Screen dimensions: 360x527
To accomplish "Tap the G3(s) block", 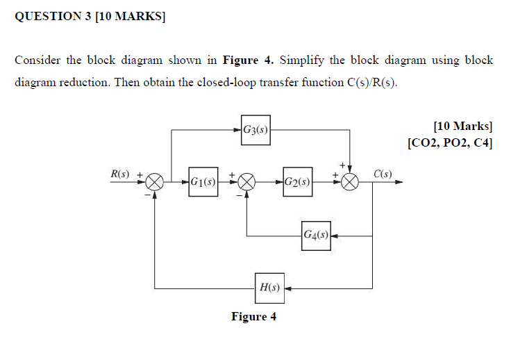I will (256, 129).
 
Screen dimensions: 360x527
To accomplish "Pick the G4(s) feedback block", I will (315, 235).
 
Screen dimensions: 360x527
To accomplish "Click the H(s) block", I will (269, 287).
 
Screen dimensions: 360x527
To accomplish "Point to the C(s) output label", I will (383, 173).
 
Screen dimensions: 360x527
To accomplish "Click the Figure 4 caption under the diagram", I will (253, 317).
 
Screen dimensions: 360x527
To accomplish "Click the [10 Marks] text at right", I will (462, 126).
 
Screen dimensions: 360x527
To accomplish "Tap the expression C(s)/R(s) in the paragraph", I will (371, 83).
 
